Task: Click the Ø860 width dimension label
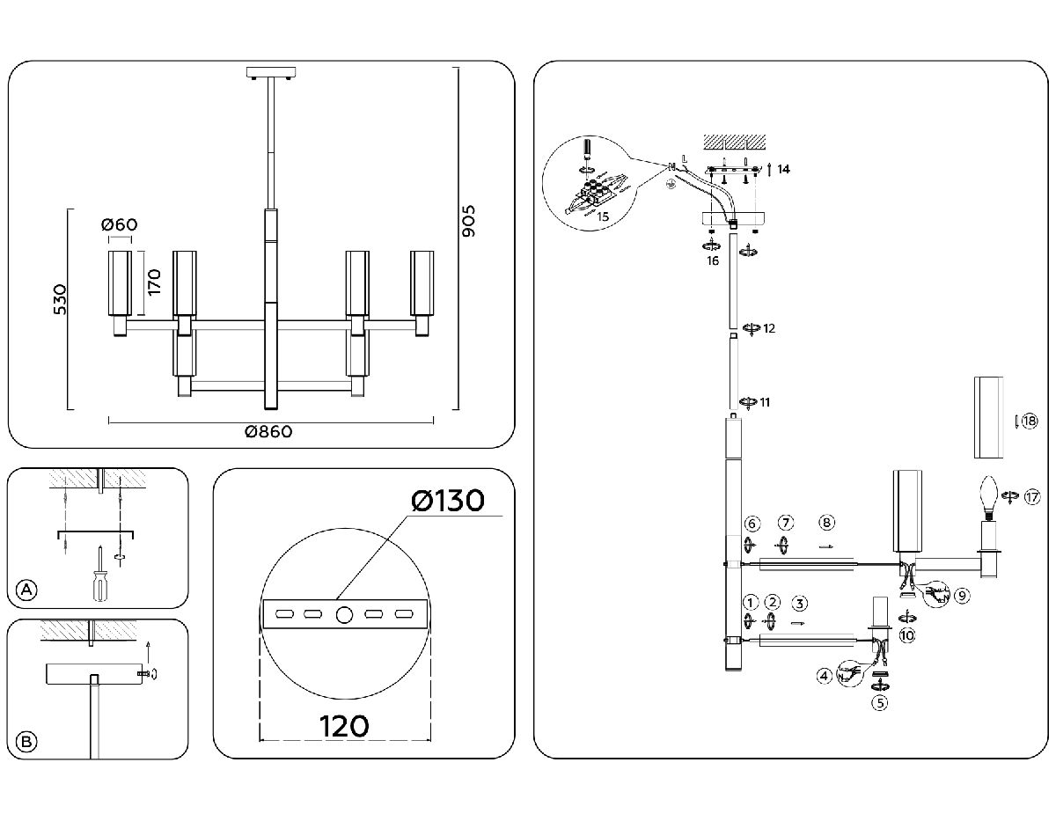(268, 432)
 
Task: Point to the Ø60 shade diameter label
(121, 224)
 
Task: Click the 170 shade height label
(154, 282)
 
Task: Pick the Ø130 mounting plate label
(448, 501)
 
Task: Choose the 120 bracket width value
(344, 727)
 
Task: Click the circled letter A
(28, 590)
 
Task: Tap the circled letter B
(28, 742)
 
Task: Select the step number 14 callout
(784, 167)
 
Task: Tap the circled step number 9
(962, 596)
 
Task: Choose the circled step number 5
(879, 702)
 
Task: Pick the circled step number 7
(786, 524)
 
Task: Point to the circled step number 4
(824, 677)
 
